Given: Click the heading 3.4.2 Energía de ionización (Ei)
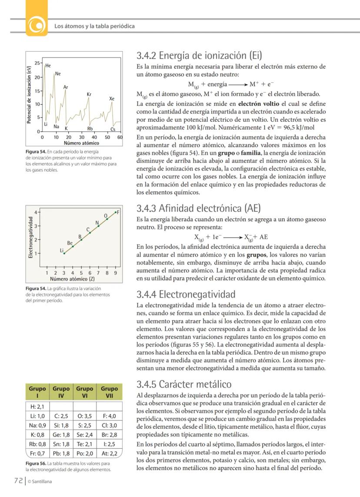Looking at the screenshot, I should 200,56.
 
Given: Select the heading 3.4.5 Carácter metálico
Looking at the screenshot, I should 184,384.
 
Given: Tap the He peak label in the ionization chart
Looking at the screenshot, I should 48,66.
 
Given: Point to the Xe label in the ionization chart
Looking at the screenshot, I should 112,99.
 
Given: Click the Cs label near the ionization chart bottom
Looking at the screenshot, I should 113,129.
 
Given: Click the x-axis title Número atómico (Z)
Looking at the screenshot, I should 72,279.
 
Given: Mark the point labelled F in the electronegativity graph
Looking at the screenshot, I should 116,212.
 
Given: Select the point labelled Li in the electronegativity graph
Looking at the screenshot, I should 64,253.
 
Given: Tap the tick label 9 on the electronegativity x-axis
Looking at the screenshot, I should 115,273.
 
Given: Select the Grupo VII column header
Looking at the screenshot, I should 109,392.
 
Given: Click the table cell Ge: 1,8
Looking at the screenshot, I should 61,435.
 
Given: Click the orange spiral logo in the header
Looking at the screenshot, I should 37,26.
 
